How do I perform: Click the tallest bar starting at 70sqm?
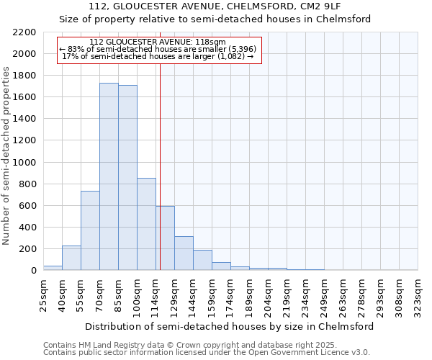pyautogui.click(x=109, y=176)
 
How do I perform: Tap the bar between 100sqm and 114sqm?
pyautogui.click(x=146, y=224)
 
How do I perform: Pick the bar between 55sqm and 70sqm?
pyautogui.click(x=90, y=230)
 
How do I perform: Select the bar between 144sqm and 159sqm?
pyautogui.click(x=202, y=260)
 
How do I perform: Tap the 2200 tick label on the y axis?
pyautogui.click(x=24, y=32)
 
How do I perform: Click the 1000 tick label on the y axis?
pyautogui.click(x=24, y=163)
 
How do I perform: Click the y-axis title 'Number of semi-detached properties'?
pyautogui.click(x=7, y=156)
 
